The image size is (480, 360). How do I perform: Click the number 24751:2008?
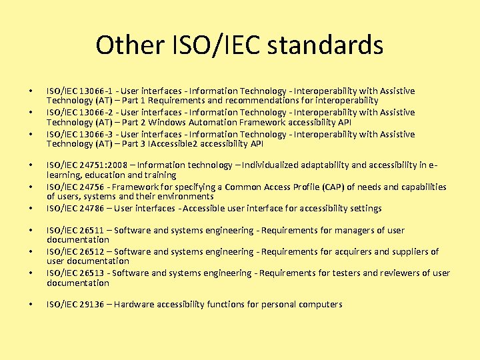coord(99,165)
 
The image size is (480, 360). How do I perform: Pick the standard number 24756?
coord(86,187)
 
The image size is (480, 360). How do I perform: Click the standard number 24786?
coord(86,208)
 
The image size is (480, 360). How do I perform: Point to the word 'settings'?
coord(365,208)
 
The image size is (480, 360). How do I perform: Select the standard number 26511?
coord(86,230)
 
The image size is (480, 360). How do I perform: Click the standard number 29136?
coord(86,304)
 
